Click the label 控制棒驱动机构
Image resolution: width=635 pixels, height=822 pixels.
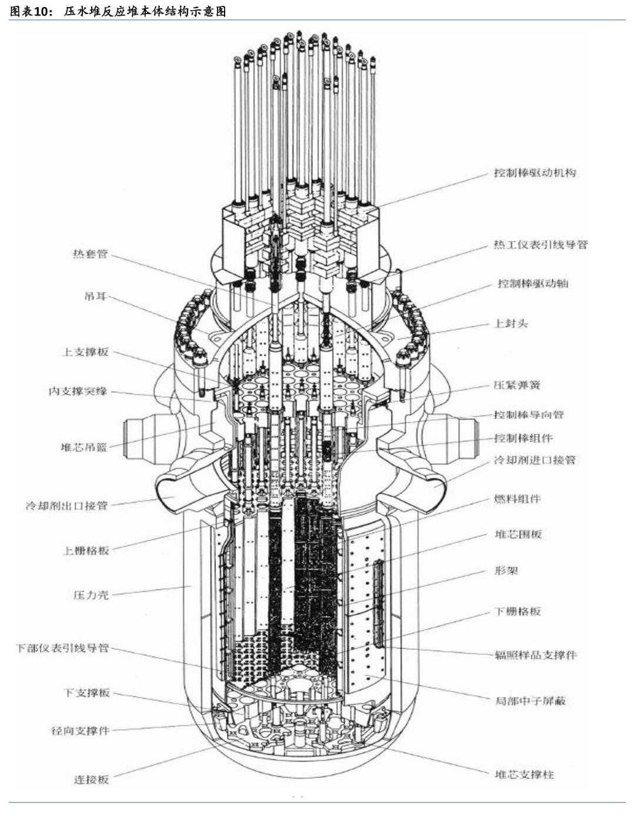tap(534, 173)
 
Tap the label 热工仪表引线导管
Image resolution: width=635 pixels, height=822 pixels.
tap(540, 245)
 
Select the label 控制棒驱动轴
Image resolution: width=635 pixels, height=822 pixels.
tap(533, 284)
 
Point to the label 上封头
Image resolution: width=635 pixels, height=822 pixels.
tap(510, 324)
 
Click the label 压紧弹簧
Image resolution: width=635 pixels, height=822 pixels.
tap(516, 385)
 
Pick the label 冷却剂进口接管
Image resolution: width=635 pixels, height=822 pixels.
tap(534, 460)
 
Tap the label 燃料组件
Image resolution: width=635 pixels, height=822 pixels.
tap(517, 499)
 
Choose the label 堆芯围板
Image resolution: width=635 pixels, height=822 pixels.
tap(517, 534)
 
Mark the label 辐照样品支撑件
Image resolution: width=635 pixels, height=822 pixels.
tap(535, 655)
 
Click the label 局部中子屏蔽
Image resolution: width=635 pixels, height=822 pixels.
tap(530, 701)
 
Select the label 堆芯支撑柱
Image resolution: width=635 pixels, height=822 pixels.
tap(524, 774)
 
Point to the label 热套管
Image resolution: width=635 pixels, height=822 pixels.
tap(90, 254)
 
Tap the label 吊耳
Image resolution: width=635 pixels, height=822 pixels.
tap(95, 297)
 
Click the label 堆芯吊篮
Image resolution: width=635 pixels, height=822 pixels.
tap(84, 448)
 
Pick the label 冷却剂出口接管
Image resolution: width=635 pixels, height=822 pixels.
tap(66, 505)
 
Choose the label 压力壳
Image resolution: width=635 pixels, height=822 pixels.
tap(91, 595)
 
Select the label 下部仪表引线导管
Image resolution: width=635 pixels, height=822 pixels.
tap(62, 648)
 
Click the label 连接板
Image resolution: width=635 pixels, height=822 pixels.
tap(91, 780)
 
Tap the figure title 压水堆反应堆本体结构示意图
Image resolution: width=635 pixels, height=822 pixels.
tap(145, 11)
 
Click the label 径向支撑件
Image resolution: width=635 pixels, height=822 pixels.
tap(80, 731)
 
